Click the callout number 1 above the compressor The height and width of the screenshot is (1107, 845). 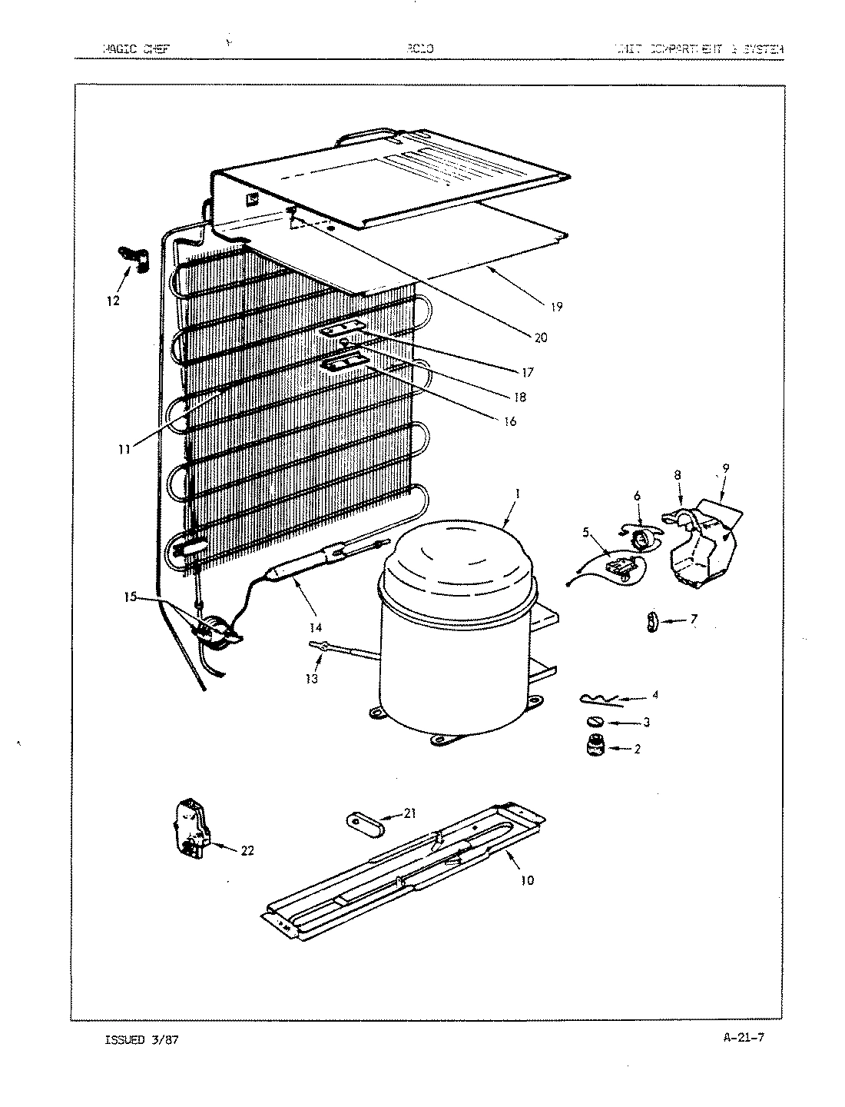click(517, 494)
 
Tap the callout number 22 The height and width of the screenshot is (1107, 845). click(247, 849)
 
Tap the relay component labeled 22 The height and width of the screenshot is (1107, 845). click(191, 826)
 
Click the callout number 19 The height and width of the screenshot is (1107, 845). click(556, 307)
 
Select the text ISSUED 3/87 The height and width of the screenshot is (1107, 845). click(144, 1039)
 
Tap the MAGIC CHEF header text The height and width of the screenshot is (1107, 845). click(135, 49)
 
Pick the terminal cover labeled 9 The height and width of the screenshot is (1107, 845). click(707, 546)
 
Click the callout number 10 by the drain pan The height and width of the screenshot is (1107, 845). click(527, 880)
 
